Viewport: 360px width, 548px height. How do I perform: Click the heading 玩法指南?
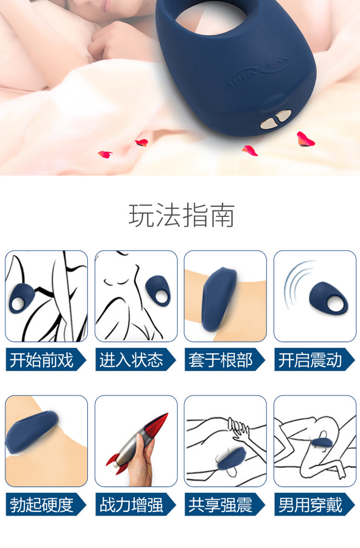pos(181,215)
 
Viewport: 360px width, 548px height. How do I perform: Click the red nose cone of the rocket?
pos(158,425)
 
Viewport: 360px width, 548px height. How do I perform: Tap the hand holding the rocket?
pos(142,461)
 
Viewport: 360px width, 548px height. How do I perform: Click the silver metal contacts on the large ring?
pos(276,119)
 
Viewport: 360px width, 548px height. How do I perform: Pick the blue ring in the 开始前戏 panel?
pos(22,298)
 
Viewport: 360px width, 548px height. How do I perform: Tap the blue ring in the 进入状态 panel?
pos(158,291)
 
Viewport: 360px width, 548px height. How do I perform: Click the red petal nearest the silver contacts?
pos(250,151)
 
